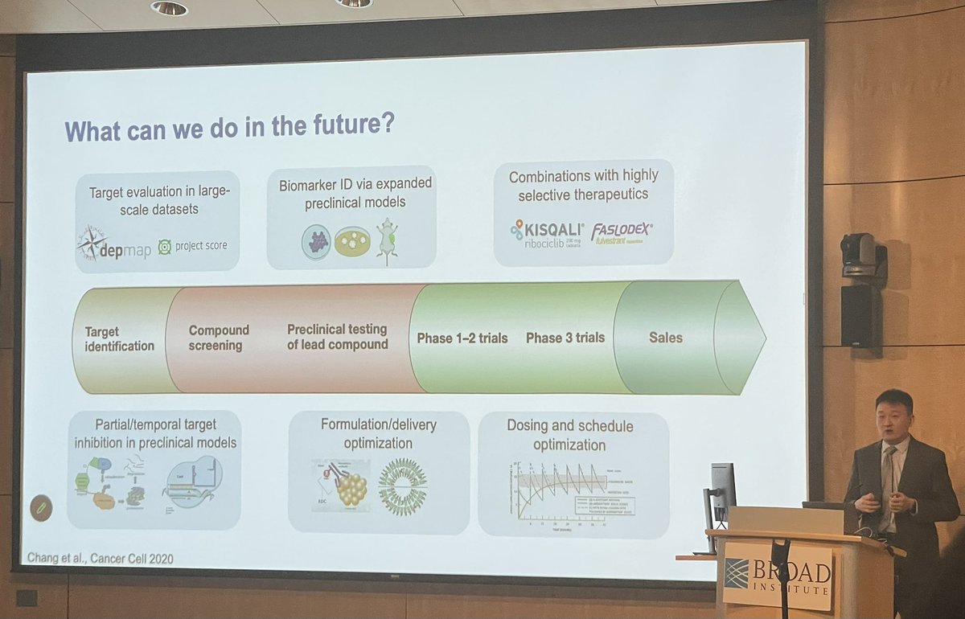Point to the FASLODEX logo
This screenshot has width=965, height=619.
pyautogui.click(x=622, y=231)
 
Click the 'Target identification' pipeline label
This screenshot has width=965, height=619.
pyautogui.click(x=119, y=338)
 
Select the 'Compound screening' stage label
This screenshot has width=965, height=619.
pyautogui.click(x=219, y=338)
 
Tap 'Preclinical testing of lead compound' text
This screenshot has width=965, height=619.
pyautogui.click(x=338, y=337)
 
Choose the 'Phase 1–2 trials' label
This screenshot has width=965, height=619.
pyautogui.click(x=462, y=338)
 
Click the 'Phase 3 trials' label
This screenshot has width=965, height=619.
pyautogui.click(x=565, y=338)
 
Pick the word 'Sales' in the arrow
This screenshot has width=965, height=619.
pyautogui.click(x=665, y=338)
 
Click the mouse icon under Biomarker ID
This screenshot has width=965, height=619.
pyautogui.click(x=388, y=242)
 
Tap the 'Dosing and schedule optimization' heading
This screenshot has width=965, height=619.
pyautogui.click(x=569, y=435)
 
